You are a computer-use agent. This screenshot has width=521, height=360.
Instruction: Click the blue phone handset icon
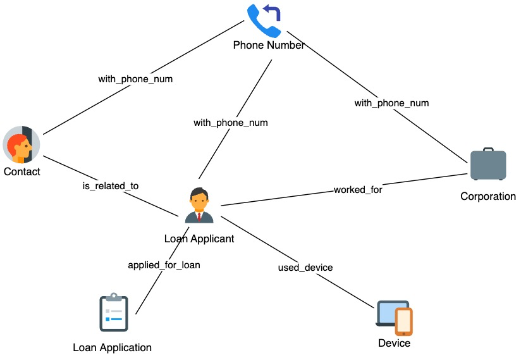point(263,22)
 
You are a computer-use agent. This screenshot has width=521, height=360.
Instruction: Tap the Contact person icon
point(21,145)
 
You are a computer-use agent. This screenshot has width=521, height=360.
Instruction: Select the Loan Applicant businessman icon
point(199,205)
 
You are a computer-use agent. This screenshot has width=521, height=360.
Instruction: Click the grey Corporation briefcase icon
point(488,164)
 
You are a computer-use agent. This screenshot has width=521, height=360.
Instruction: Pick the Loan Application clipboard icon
point(114,312)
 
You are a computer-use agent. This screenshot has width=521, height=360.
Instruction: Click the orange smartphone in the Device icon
point(403,321)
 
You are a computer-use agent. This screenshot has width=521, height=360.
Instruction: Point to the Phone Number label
point(269,45)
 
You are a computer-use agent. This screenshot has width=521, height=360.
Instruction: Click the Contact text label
point(22,171)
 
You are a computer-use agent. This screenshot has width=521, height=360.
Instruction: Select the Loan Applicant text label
point(199,239)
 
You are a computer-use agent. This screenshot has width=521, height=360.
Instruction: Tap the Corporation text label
point(488,196)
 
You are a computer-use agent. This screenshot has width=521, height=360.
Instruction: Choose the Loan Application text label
point(113,347)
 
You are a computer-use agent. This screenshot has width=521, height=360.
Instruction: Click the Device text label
point(394,343)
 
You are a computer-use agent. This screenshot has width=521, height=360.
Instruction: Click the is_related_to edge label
point(111,186)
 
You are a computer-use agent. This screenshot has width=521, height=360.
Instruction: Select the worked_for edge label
point(358,190)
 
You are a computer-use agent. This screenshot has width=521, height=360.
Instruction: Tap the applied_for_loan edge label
point(164,265)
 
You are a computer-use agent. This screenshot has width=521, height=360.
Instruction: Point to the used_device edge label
point(305,268)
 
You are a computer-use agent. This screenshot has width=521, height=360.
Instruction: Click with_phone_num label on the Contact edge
point(135,79)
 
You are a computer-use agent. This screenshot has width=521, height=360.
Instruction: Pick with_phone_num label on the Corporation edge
point(391,103)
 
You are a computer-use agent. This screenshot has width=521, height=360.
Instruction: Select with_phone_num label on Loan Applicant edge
point(231,123)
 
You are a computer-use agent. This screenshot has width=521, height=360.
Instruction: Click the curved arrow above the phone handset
point(273,12)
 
